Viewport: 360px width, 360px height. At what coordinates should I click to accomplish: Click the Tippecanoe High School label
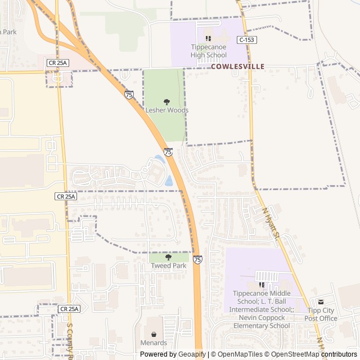209,51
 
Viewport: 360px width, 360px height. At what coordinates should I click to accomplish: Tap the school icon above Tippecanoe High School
209,38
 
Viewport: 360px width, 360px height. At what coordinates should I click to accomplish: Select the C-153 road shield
247,40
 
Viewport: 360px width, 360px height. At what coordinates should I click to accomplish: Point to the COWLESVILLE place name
237,66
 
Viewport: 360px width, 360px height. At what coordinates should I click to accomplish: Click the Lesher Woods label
167,110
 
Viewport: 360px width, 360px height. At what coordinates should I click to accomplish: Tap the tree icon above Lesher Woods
167,101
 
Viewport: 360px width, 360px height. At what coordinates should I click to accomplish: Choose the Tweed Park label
168,265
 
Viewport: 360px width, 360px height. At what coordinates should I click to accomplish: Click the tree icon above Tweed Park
168,257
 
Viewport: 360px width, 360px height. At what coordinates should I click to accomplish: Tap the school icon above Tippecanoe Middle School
262,285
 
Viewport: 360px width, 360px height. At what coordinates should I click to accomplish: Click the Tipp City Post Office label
321,314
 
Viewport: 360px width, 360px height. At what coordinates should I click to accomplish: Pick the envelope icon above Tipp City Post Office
321,302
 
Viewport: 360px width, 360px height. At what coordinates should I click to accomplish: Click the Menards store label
154,343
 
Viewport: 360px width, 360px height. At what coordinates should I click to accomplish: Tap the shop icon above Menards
154,334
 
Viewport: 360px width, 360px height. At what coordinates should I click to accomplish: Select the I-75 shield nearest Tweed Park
197,259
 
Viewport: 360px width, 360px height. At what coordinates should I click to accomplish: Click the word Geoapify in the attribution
192,354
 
